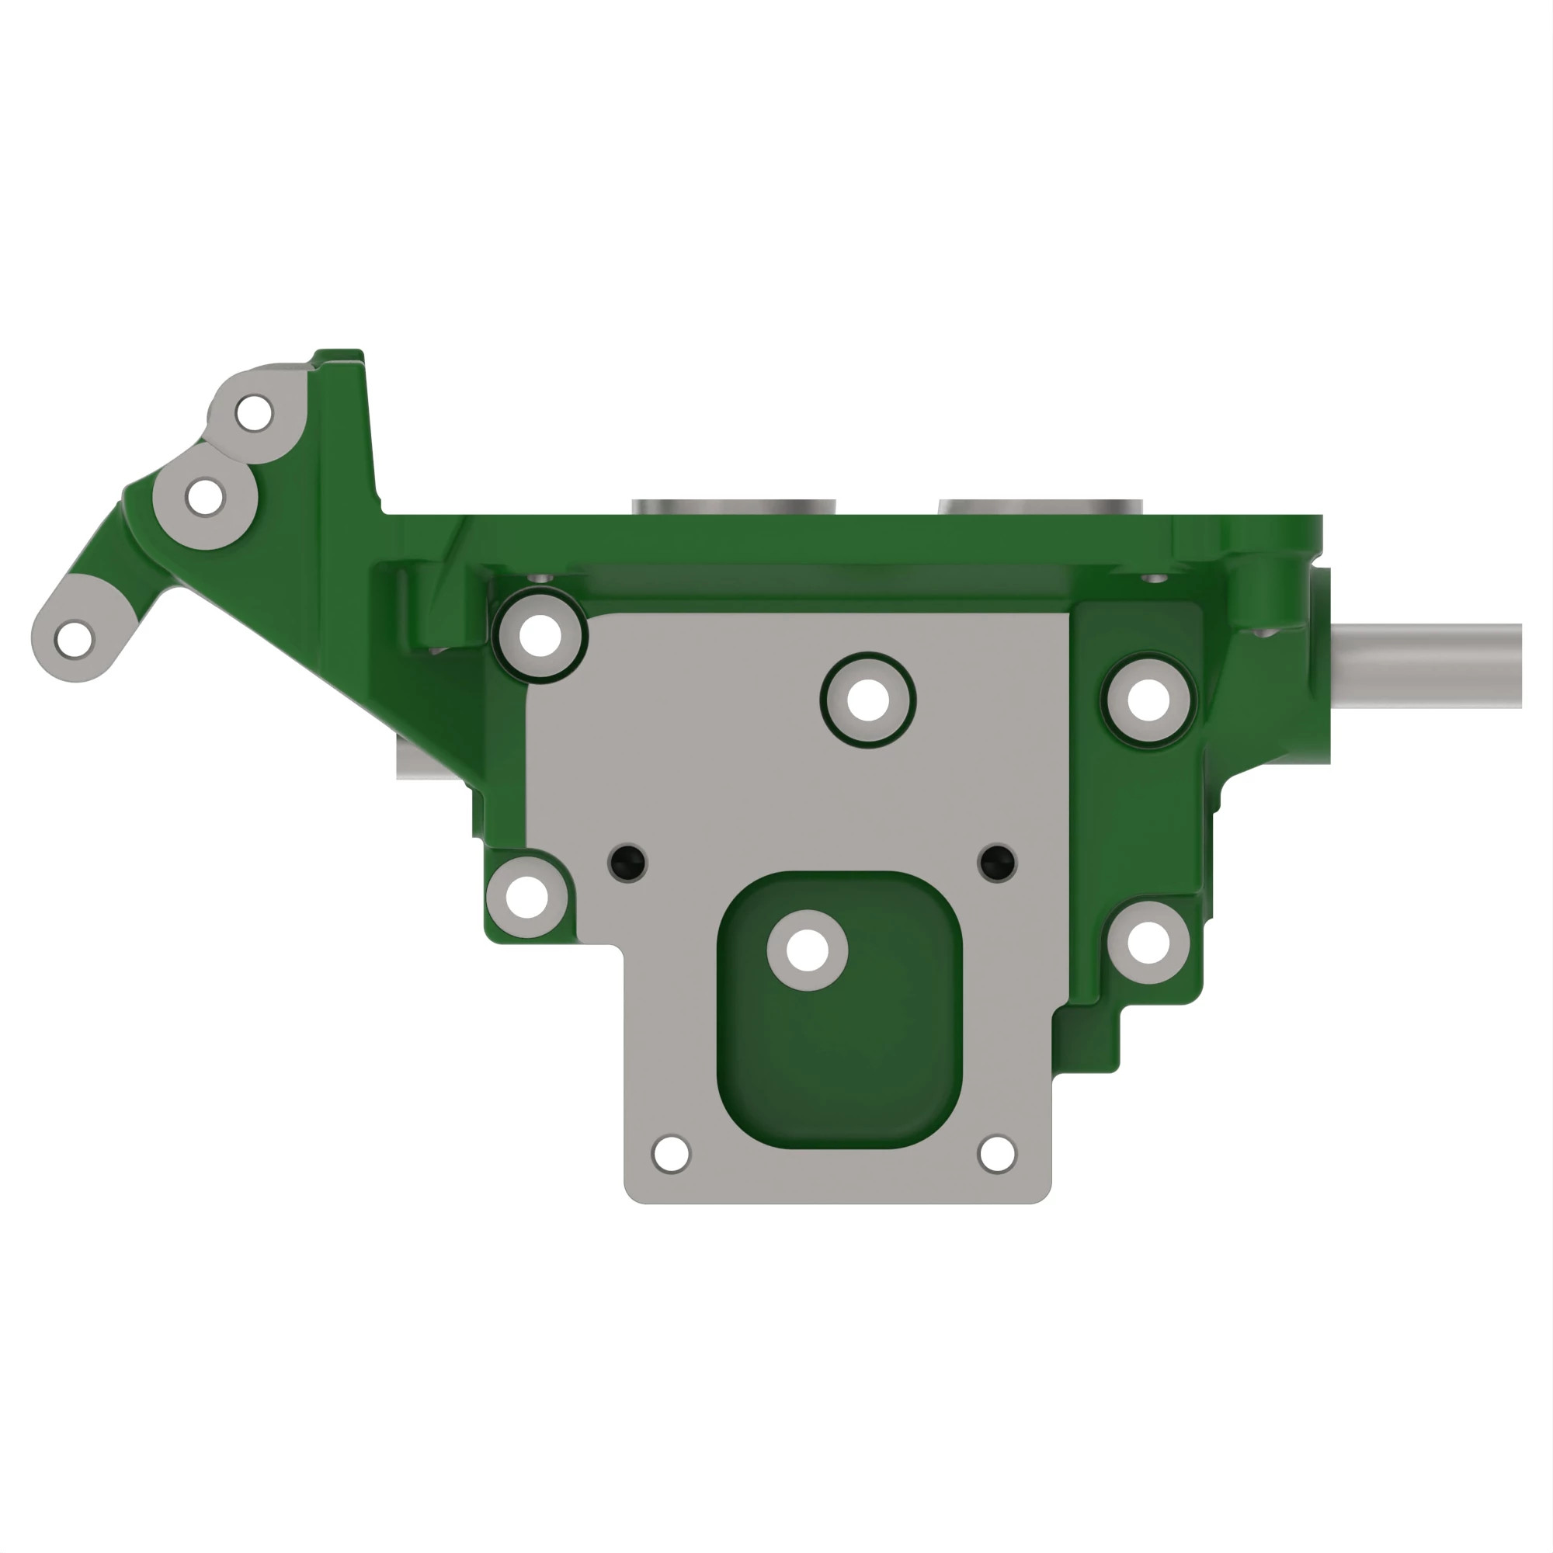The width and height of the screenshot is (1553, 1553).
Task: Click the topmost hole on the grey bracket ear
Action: click(x=253, y=413)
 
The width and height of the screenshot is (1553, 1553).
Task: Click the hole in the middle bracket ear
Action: click(x=204, y=497)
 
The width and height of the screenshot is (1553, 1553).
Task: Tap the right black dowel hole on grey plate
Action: click(x=998, y=862)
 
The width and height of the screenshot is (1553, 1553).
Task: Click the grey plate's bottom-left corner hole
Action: click(x=671, y=1155)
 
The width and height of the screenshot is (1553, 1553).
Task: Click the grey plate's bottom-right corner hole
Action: click(x=997, y=1155)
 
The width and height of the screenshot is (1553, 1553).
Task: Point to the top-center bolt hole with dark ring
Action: click(x=868, y=700)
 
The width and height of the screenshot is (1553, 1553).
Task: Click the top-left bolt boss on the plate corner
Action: click(x=540, y=635)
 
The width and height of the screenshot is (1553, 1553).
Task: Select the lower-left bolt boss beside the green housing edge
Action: click(x=527, y=896)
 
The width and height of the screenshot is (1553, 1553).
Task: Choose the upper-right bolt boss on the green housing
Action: click(x=1148, y=700)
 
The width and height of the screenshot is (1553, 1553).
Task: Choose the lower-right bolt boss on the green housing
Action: click(x=1148, y=942)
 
